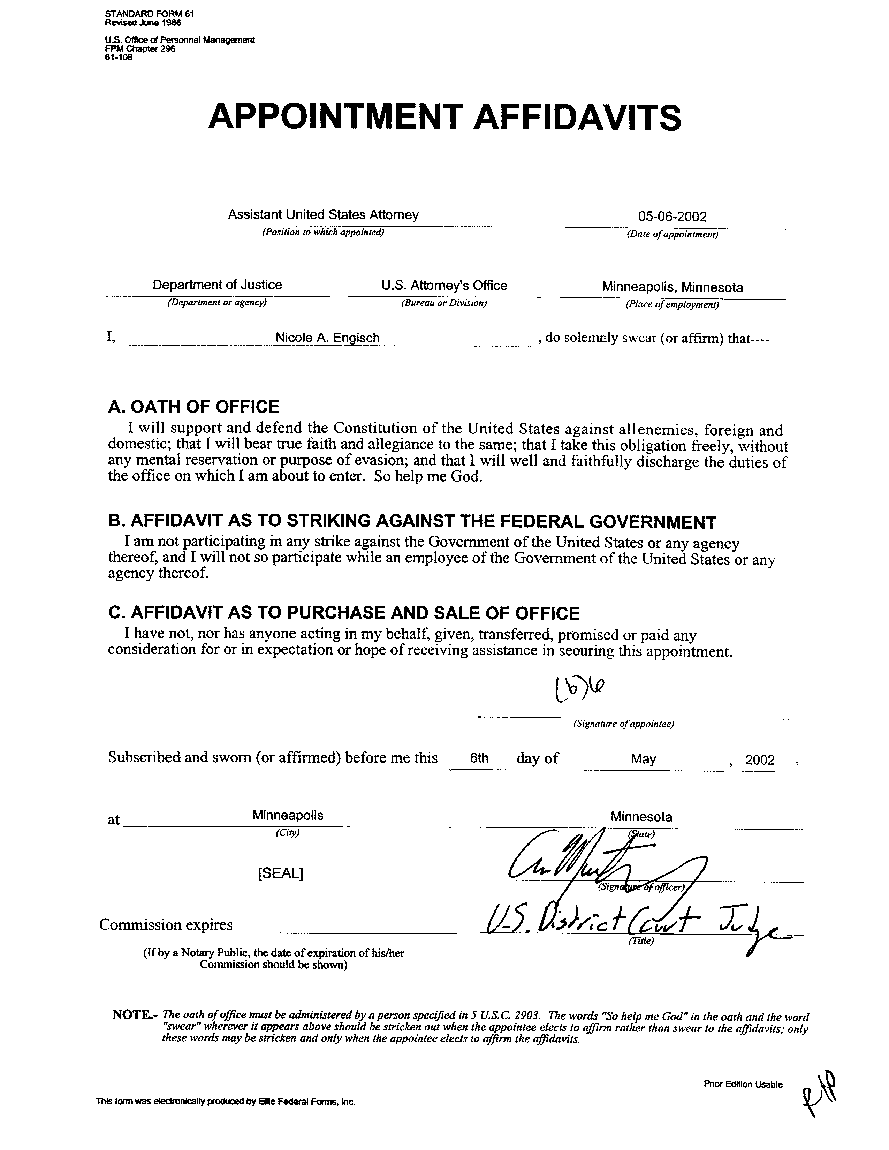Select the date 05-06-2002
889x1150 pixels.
click(x=672, y=217)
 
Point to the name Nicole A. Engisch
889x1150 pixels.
click(x=327, y=338)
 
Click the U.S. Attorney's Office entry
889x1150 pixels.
click(x=444, y=285)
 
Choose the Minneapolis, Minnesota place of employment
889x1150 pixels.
click(x=672, y=287)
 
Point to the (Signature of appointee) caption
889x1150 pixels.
click(x=623, y=724)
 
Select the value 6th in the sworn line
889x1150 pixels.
click(x=479, y=758)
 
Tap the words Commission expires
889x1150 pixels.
click(x=166, y=925)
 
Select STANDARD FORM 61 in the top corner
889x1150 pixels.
click(x=150, y=14)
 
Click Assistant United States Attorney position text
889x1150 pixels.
click(x=323, y=215)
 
